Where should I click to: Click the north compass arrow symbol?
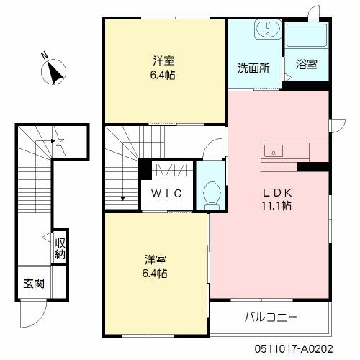(x=56, y=71)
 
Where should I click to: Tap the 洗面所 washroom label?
(x=254, y=69)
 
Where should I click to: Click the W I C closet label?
(x=166, y=193)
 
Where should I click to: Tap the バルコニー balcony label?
(x=270, y=317)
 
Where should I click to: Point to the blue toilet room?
(x=210, y=186)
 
